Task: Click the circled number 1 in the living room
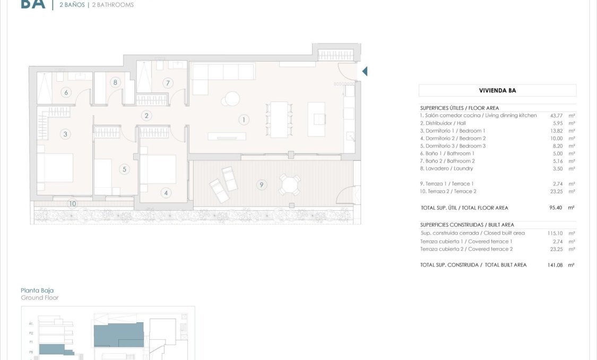pyautogui.click(x=244, y=120)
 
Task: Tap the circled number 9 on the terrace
pyautogui.click(x=261, y=185)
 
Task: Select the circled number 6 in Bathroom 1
pyautogui.click(x=66, y=93)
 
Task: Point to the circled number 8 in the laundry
pyautogui.click(x=115, y=82)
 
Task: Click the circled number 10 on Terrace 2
pyautogui.click(x=72, y=203)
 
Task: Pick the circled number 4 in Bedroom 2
pyautogui.click(x=166, y=193)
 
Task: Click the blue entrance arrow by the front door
pyautogui.click(x=365, y=71)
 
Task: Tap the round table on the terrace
pyautogui.click(x=290, y=185)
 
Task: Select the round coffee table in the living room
pyautogui.click(x=232, y=99)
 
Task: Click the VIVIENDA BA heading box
pyautogui.click(x=497, y=90)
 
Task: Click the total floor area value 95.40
pyautogui.click(x=556, y=208)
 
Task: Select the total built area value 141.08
pyautogui.click(x=555, y=265)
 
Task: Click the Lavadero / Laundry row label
pyautogui.click(x=446, y=169)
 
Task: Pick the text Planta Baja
pyautogui.click(x=37, y=290)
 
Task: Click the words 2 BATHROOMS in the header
pyautogui.click(x=112, y=5)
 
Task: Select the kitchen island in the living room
pyautogui.click(x=316, y=119)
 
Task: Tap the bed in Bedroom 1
pyautogui.click(x=55, y=168)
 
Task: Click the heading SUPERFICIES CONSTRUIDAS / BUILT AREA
pyautogui.click(x=467, y=225)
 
